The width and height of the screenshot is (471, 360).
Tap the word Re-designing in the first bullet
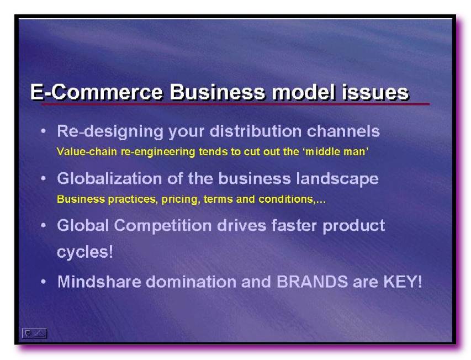click(110, 132)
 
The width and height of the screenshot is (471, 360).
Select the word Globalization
click(110, 178)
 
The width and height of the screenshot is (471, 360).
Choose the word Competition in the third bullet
click(162, 226)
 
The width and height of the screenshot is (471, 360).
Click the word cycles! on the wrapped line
click(85, 252)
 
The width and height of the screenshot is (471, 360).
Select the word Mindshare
click(99, 282)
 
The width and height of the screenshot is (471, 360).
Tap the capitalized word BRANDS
click(312, 282)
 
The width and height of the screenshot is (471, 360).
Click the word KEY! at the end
click(403, 282)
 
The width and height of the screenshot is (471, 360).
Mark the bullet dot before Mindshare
click(44, 282)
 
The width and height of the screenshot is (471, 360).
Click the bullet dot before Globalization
click(44, 179)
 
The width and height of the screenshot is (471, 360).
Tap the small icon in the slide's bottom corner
click(34, 333)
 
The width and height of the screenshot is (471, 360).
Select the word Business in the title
click(218, 92)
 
